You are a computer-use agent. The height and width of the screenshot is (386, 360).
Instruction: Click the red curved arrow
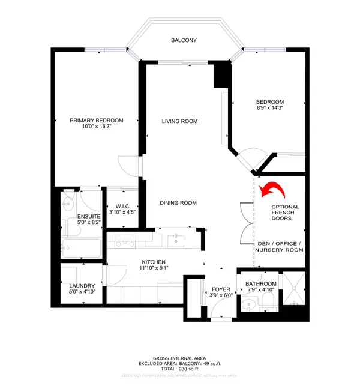271,191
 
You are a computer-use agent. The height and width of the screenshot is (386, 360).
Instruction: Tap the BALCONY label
184,41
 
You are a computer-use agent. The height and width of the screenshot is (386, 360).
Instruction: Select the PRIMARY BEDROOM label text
96,120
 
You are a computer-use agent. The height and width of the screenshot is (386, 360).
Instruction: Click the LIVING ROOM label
179,121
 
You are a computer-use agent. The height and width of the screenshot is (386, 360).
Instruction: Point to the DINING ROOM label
178,203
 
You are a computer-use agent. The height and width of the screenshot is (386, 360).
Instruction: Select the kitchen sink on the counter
176,241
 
